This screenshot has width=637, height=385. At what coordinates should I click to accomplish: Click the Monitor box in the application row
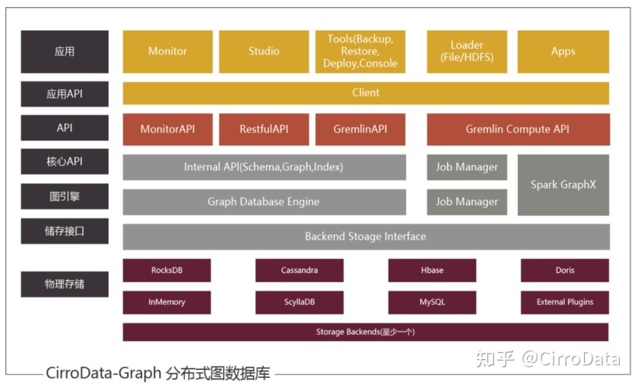click(x=168, y=51)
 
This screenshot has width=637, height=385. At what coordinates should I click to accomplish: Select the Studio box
click(x=264, y=51)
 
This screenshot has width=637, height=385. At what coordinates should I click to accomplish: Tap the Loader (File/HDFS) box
click(x=467, y=51)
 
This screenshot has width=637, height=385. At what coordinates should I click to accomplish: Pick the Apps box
click(x=563, y=51)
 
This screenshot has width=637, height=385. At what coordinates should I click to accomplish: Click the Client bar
click(x=366, y=93)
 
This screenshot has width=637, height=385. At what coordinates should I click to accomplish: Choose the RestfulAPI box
click(x=264, y=129)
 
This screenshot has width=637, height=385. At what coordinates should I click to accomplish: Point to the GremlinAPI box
click(x=360, y=129)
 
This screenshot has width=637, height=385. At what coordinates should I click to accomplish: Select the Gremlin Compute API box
click(x=517, y=129)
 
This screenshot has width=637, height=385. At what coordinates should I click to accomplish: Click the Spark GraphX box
click(x=563, y=185)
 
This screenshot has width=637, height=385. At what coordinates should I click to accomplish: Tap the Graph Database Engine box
click(x=264, y=202)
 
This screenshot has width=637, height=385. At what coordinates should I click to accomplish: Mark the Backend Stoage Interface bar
click(x=366, y=236)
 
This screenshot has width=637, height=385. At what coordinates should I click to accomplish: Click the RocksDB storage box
click(x=167, y=270)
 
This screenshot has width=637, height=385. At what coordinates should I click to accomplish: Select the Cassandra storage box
click(x=299, y=270)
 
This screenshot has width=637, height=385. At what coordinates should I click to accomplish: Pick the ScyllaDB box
click(x=299, y=302)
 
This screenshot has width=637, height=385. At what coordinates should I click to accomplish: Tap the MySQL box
click(x=432, y=302)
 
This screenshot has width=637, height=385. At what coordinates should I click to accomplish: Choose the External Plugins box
click(x=564, y=302)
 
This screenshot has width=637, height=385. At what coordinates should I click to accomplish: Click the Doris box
click(x=564, y=270)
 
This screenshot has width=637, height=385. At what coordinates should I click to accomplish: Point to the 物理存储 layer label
click(x=65, y=284)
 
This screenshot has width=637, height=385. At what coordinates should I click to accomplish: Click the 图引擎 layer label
click(x=65, y=196)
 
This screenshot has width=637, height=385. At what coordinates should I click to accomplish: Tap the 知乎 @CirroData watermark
click(x=548, y=358)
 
